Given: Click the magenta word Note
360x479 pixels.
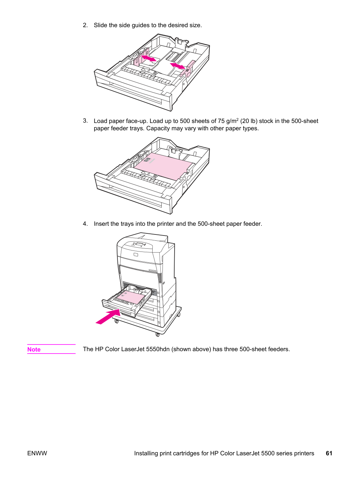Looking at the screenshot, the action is pos(34,349).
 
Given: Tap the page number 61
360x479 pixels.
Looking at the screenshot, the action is pos(329,453).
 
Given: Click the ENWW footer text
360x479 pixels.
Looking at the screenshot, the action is pos(37,453).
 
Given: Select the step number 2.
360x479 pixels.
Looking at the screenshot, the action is pos(85,25).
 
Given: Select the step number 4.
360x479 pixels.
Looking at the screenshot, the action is pos(85,224).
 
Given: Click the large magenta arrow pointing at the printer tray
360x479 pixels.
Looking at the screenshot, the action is pos(108,317).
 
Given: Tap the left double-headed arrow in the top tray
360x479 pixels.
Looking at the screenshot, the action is pos(149,59).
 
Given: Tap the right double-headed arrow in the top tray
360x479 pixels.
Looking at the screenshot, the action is pos(177,66).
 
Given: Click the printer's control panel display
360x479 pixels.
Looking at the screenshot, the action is pos(139,244).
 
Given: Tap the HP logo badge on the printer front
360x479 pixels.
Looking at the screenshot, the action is pos(136,255).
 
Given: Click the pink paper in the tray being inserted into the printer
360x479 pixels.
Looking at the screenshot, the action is pos(131,298).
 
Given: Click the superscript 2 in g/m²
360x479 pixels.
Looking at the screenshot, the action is pos(238,119).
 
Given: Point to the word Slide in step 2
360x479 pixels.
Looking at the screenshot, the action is pos(100,25).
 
